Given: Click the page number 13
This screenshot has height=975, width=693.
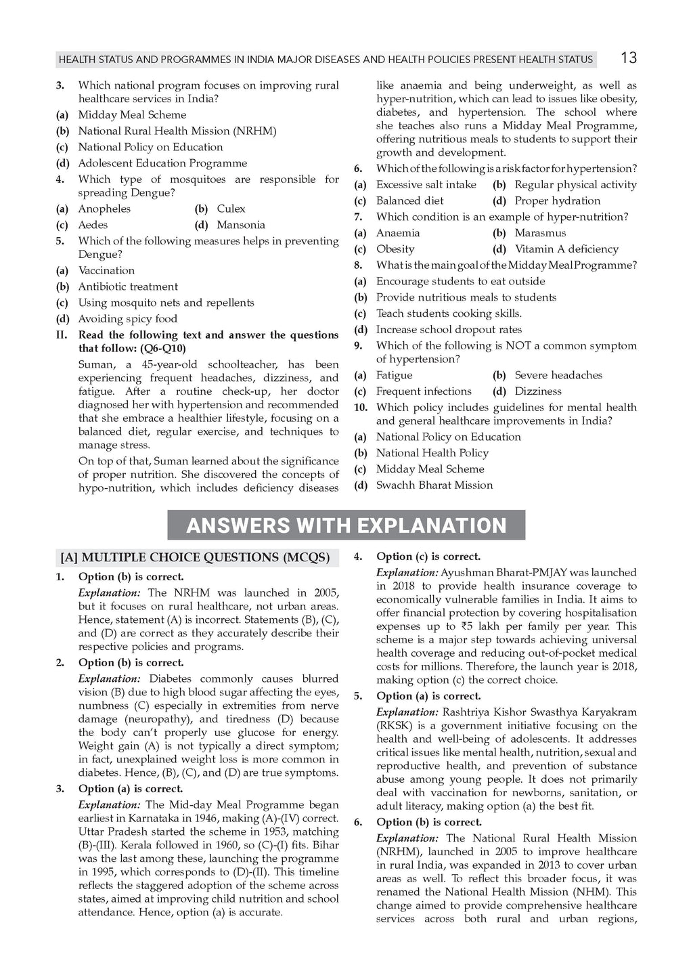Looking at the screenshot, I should (628, 58).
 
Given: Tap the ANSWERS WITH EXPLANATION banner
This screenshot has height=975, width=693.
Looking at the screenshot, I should (346, 525).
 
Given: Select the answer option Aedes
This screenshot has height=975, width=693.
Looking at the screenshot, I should (93, 225).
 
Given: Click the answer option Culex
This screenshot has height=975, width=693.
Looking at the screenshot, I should (231, 209).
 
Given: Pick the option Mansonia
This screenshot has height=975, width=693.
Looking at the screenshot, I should (240, 225).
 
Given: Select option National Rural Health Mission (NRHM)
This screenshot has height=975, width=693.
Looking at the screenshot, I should (177, 131).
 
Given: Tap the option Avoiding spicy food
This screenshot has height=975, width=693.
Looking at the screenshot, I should (127, 318).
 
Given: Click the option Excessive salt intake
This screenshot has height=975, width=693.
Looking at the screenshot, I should (426, 184).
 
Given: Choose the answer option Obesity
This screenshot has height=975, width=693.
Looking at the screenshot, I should (395, 248).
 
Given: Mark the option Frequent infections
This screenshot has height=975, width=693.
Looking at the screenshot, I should (424, 391).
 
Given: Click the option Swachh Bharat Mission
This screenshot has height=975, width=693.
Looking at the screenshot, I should (434, 485).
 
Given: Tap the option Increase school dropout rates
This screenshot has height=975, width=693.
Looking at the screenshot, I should (449, 329).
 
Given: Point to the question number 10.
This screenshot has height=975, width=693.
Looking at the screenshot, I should (361, 407).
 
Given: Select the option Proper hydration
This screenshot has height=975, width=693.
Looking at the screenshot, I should (557, 200).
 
